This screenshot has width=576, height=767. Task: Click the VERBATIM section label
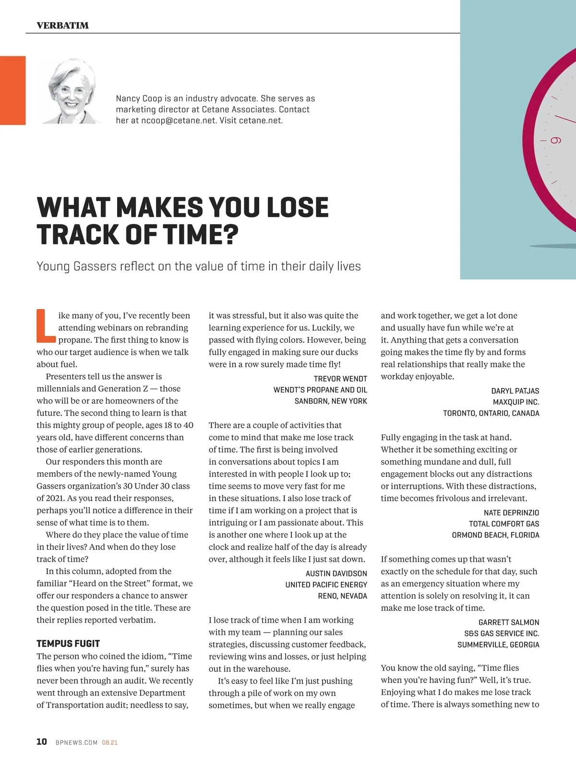point(62,25)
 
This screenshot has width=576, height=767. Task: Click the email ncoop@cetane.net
point(179,120)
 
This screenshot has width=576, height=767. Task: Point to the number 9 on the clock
point(555,141)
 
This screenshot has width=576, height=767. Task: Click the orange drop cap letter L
point(46,326)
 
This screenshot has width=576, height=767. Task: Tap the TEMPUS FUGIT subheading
point(68,644)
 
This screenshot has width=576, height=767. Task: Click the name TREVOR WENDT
point(340,379)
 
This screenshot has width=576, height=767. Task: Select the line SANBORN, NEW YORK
point(331,401)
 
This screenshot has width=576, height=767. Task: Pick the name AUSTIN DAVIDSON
point(336,574)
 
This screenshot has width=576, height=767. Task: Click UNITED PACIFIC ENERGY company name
point(326,585)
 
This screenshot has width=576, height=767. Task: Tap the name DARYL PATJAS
point(515,391)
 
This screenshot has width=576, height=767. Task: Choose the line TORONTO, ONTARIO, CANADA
point(491,413)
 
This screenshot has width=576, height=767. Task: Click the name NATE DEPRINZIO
point(511,513)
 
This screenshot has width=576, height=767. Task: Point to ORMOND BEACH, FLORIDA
point(495,535)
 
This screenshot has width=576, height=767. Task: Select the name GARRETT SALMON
point(509,622)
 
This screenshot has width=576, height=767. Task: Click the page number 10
point(42,742)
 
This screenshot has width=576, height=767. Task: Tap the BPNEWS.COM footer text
point(77,743)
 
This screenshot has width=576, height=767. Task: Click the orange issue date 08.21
point(109,743)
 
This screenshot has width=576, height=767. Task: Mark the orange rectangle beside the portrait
point(12,90)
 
